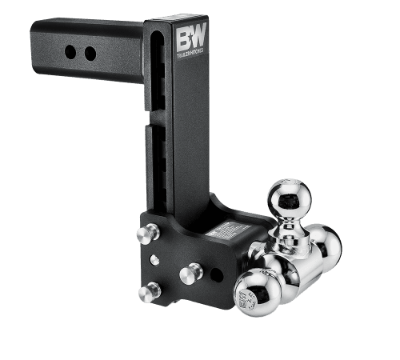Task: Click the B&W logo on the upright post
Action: point(189,37)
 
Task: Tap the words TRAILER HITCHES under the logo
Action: point(189,50)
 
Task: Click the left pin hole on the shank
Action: point(71,52)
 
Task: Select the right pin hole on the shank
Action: point(90,54)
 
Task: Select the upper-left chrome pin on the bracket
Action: point(145,234)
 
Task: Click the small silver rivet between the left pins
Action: point(154,260)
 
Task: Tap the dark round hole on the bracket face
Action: point(216,274)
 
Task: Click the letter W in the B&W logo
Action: point(198,37)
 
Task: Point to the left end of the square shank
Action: point(36,48)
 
